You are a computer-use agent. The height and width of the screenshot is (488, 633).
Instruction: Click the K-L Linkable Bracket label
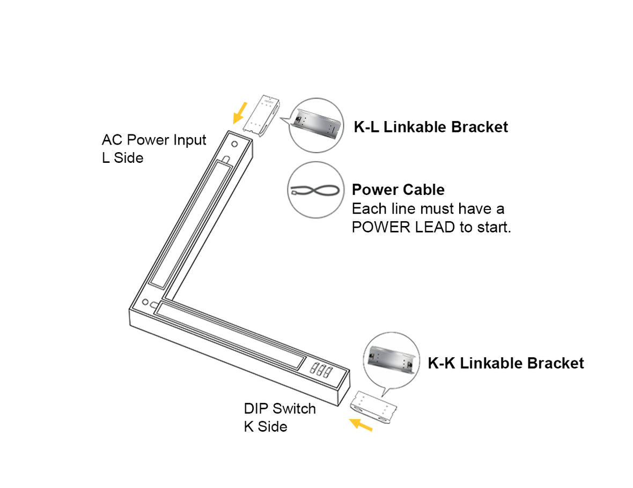431,127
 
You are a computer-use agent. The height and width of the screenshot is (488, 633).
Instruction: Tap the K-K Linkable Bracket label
505,363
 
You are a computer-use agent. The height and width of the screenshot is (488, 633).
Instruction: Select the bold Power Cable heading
398,190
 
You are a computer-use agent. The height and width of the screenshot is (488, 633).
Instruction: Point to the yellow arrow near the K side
360,425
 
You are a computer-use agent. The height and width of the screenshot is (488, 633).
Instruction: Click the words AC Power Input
154,140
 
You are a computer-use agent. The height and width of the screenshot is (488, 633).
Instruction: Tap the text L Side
122,158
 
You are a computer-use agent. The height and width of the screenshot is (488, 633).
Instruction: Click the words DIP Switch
279,409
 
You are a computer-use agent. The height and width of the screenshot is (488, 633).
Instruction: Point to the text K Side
266,426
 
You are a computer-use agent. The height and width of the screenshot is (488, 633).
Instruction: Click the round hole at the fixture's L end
235,145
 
